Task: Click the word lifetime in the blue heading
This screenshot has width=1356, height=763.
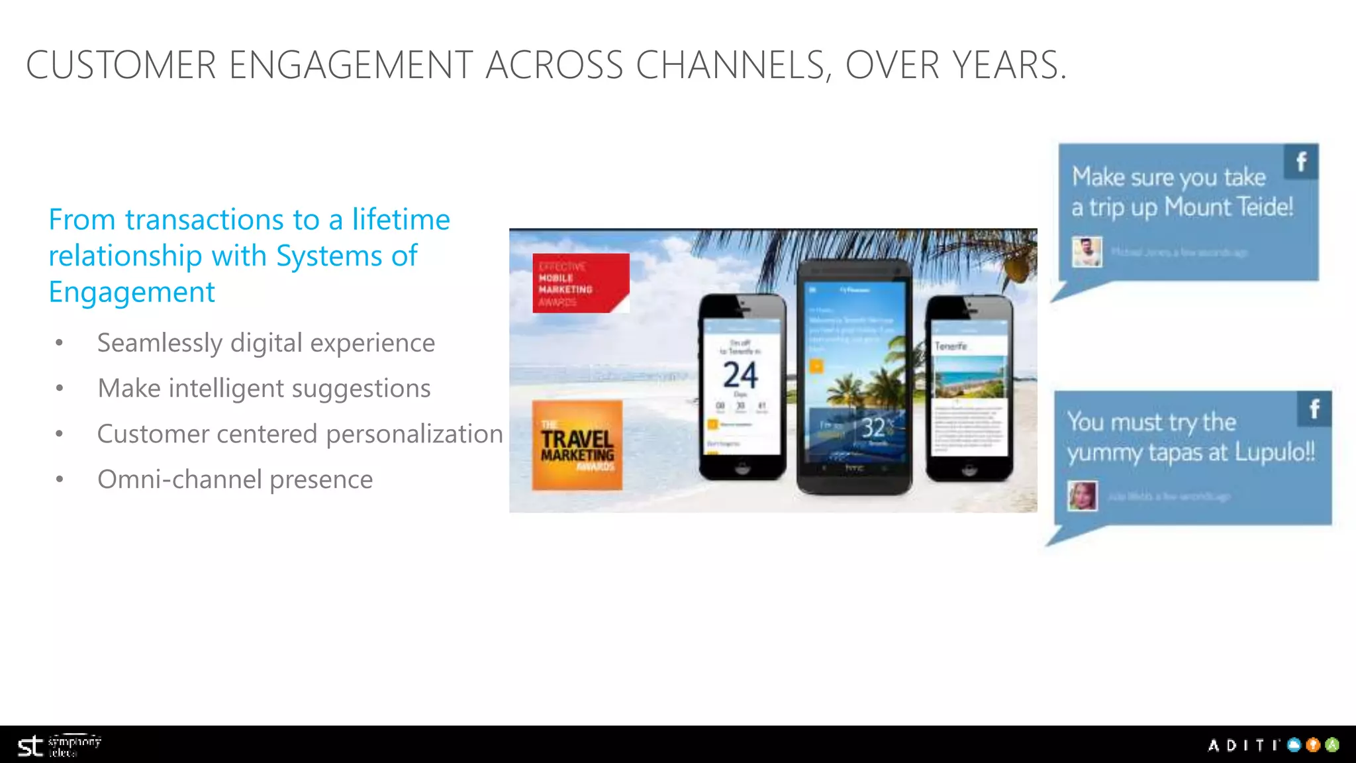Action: [x=401, y=219]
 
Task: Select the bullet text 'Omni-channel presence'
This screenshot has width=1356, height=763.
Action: [x=235, y=480]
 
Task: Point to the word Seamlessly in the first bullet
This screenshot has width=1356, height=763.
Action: [x=160, y=343]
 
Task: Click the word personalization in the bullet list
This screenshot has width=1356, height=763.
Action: [x=414, y=434]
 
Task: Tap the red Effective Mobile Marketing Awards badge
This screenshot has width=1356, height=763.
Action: [x=580, y=283]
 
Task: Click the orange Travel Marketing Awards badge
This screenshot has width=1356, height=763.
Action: [x=577, y=445]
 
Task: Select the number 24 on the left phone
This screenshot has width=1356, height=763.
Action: [x=740, y=375]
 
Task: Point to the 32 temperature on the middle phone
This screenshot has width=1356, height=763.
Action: [x=873, y=428]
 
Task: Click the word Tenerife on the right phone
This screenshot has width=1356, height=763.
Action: [x=951, y=346]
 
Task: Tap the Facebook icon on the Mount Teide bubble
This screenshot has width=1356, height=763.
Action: [x=1301, y=162]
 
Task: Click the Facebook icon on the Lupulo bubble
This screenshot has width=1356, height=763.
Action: [x=1314, y=409]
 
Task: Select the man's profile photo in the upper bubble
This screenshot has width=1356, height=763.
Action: [x=1087, y=252]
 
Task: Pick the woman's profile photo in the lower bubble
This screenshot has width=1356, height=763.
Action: [x=1083, y=495]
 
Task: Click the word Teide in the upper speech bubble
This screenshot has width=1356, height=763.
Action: [x=1264, y=207]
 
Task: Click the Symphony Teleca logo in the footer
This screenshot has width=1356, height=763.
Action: [x=59, y=746]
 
